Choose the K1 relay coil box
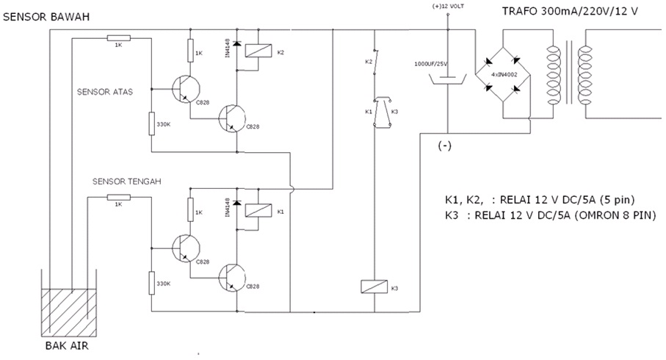pyautogui.click(x=254, y=212)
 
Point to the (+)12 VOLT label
pyautogui.click(x=446, y=7)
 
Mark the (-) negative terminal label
pyautogui.click(x=444, y=145)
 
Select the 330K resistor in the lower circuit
pyautogui.click(x=151, y=283)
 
